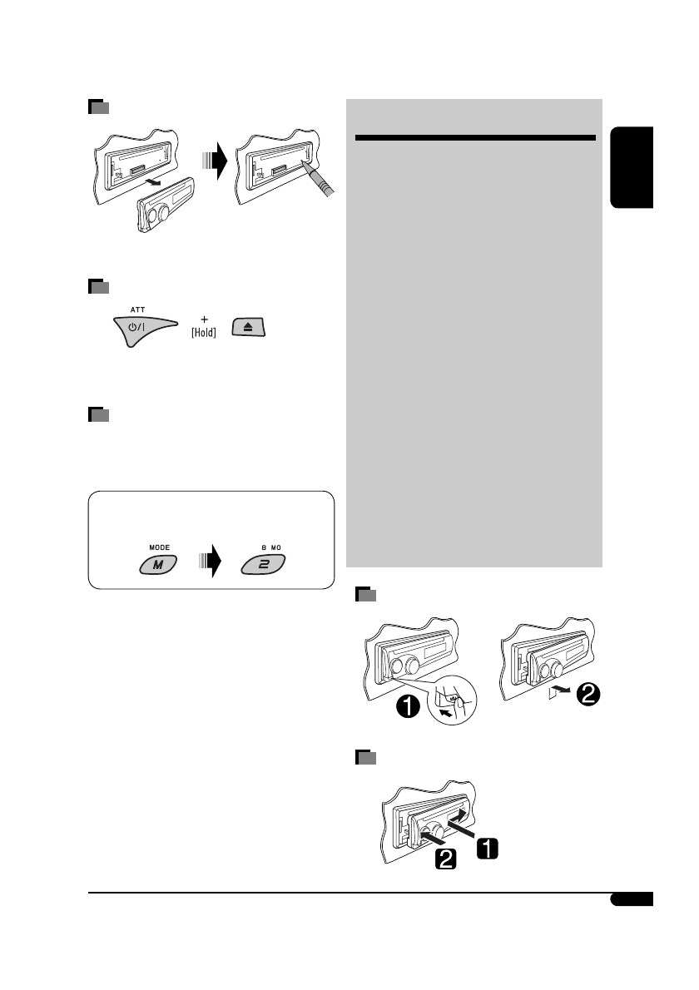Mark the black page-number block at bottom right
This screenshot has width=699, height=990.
(x=631, y=900)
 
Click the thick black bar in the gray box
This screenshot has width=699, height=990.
(x=473, y=138)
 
